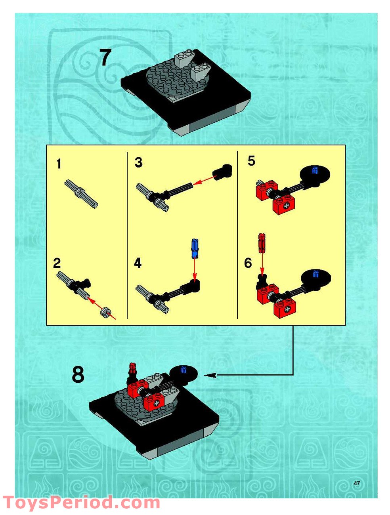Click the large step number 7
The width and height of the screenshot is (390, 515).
105,58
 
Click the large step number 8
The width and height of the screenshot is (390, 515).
78,374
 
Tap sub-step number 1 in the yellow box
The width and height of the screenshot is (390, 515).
59,164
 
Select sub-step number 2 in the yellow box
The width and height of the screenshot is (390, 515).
57,263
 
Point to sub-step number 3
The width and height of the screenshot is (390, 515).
138,162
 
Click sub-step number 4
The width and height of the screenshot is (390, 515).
138,263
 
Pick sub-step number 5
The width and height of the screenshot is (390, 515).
251,161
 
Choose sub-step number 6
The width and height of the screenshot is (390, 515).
248,263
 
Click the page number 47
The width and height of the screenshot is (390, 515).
357,483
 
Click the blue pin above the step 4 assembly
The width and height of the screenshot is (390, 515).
194,249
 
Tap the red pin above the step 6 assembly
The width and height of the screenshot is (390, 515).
261,242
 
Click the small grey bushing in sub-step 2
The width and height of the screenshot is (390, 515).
105,313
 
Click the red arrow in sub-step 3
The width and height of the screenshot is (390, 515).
204,179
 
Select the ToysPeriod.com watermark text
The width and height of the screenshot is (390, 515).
81,503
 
